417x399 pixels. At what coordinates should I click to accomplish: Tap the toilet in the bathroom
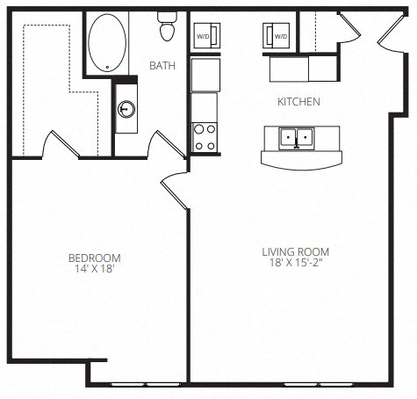(167, 29)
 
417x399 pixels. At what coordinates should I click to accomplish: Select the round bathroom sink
(126, 109)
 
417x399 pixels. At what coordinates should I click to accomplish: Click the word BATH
(162, 66)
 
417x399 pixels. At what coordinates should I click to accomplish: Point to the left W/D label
(203, 36)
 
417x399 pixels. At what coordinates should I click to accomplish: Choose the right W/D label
(281, 36)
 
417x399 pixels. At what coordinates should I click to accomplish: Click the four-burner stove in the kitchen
(205, 137)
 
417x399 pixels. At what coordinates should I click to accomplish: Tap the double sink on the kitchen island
(295, 137)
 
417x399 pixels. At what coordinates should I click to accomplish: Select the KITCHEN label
(298, 102)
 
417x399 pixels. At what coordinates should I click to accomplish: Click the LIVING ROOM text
(296, 253)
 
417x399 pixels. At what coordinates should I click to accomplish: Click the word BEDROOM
(94, 258)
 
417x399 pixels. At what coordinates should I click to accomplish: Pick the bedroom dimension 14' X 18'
(94, 269)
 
